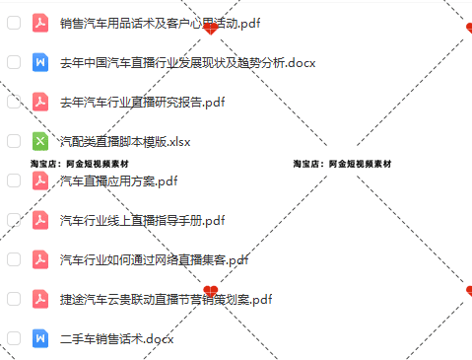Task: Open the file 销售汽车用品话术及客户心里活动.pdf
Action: click(148, 23)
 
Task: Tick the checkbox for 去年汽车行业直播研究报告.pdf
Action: click(14, 102)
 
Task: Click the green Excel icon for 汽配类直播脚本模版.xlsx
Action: click(40, 141)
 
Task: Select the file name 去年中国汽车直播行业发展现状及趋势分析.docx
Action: click(173, 62)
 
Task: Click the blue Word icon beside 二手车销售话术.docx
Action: click(40, 338)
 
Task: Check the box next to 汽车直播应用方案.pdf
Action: click(14, 180)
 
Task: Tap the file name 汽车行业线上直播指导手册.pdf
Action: click(142, 220)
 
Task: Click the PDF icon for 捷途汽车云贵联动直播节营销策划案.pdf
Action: click(40, 299)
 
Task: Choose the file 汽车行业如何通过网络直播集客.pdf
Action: click(154, 259)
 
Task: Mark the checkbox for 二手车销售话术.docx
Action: click(14, 338)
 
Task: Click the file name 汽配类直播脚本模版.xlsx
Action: click(124, 141)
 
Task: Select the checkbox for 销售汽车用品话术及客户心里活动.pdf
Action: click(14, 23)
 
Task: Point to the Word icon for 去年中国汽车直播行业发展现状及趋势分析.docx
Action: click(40, 62)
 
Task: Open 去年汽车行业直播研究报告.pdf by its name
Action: click(142, 102)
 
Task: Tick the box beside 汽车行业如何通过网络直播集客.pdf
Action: click(14, 259)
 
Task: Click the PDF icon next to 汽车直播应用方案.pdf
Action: click(40, 180)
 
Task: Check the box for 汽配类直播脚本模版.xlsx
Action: click(14, 141)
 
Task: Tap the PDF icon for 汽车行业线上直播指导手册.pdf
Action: click(40, 220)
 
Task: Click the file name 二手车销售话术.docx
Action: click(116, 338)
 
